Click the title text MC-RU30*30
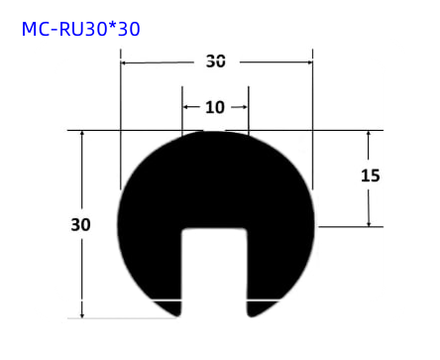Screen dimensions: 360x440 pyautogui.click(x=80, y=29)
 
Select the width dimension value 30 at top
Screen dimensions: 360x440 pyautogui.click(x=215, y=60)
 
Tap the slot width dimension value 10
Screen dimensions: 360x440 pyautogui.click(x=215, y=107)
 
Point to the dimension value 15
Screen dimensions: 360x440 pyautogui.click(x=370, y=176)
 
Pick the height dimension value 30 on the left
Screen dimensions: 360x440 pyautogui.click(x=80, y=224)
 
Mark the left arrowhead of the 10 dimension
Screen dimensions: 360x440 pyautogui.click(x=186, y=107)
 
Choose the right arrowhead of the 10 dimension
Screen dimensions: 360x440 pyautogui.click(x=244, y=107)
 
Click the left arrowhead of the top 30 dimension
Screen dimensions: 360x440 pyautogui.click(x=125, y=61)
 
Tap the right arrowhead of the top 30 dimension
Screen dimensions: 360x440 pyautogui.click(x=308, y=61)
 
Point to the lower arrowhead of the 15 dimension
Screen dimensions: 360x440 pyautogui.click(x=370, y=221)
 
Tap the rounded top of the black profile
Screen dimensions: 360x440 pyautogui.click(x=215, y=139)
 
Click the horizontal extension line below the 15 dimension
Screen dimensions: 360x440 pyautogui.click(x=352, y=227)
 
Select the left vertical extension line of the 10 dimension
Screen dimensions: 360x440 pyautogui.click(x=182, y=114)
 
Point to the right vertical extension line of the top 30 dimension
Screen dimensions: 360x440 pyautogui.click(x=313, y=119)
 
